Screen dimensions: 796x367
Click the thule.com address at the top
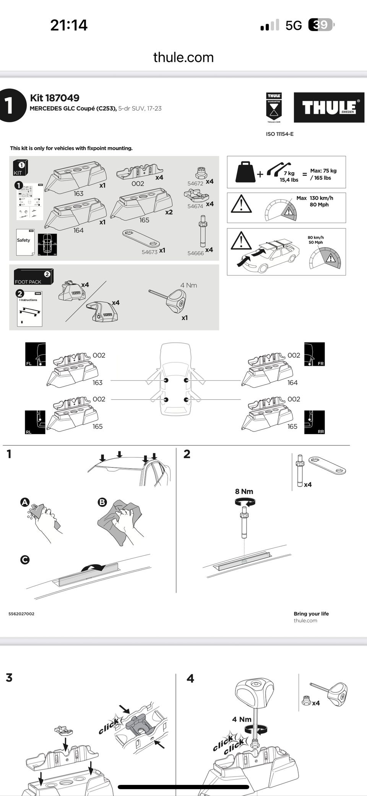[183, 57]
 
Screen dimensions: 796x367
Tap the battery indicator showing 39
[321, 25]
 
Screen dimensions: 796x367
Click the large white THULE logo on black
[329, 107]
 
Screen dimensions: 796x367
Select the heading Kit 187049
[55, 98]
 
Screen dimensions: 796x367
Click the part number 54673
[149, 252]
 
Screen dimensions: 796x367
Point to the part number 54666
[195, 253]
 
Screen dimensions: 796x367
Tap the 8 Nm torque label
[244, 492]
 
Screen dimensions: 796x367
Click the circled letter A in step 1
[25, 502]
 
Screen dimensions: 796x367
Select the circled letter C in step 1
[25, 560]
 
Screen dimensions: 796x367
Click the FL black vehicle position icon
[35, 354]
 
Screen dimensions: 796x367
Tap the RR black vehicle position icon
[314, 422]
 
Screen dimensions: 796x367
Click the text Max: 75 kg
[323, 171]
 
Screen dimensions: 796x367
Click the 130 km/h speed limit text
[321, 198]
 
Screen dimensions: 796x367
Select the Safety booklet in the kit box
[25, 242]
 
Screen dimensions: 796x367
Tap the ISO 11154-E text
[280, 134]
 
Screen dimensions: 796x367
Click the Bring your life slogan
[311, 614]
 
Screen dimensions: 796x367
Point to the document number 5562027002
[21, 614]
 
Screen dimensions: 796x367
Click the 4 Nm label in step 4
[242, 719]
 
